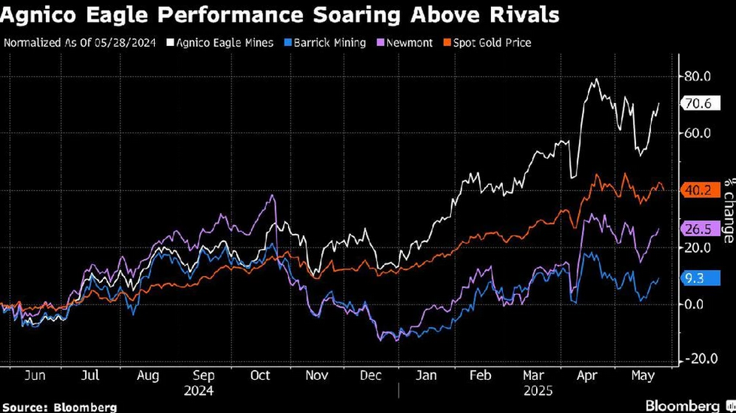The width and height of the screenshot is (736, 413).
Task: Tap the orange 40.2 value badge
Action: point(695,190)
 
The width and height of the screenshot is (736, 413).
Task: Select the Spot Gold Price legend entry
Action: point(492,43)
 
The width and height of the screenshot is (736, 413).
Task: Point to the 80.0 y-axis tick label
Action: point(698,76)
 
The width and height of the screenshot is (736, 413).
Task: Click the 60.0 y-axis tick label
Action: point(698,133)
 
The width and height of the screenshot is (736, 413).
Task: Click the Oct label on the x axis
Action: point(259,377)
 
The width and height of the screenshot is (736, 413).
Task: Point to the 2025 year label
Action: point(538,391)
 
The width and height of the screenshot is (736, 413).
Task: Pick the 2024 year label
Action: point(198,391)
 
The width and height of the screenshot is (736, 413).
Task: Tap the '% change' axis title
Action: point(728,211)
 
